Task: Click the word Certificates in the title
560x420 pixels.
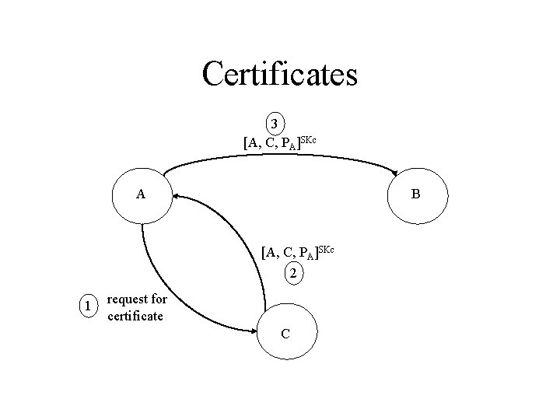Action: (x=279, y=75)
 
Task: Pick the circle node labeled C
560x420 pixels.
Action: (x=286, y=333)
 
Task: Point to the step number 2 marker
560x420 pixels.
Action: (x=292, y=273)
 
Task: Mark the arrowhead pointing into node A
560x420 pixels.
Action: (x=177, y=196)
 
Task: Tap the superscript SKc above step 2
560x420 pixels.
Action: (x=326, y=248)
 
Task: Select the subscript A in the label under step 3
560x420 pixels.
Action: (x=291, y=146)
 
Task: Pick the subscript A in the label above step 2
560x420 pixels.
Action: (x=310, y=256)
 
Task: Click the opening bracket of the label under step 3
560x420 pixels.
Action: (x=245, y=142)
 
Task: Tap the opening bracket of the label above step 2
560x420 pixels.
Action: (x=264, y=252)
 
